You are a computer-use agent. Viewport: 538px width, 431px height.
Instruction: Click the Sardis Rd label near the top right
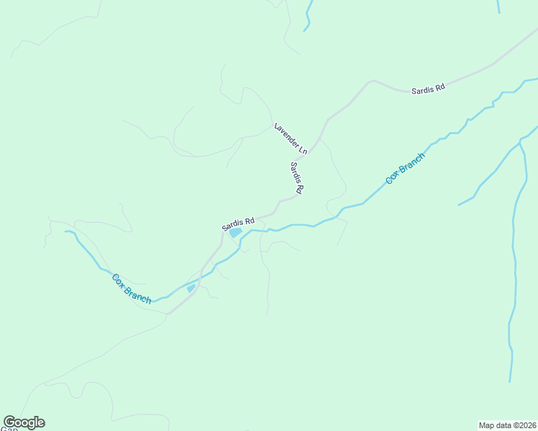[428, 88]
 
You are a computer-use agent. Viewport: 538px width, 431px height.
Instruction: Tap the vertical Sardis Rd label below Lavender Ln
[297, 178]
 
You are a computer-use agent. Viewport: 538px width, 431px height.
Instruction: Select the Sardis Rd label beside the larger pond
[238, 223]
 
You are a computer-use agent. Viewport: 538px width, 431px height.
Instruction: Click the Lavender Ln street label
[291, 139]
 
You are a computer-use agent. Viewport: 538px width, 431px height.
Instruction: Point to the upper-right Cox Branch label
[405, 168]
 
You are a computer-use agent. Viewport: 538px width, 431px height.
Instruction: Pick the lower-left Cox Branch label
[132, 288]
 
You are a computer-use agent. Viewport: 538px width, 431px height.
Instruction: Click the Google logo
[24, 422]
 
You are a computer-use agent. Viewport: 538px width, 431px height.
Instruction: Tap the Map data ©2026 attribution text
[508, 425]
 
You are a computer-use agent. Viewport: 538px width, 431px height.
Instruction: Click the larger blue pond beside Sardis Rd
[235, 233]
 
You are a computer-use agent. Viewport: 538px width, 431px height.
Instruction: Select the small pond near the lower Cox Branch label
[191, 288]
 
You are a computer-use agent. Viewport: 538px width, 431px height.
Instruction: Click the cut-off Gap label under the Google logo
[8, 429]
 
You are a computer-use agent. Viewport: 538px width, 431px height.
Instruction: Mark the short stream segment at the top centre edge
[308, 16]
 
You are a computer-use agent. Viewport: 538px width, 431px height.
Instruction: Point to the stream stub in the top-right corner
[498, 6]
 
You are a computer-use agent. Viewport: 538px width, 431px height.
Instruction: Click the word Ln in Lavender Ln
[302, 149]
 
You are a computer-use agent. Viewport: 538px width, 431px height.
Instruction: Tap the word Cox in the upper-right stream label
[392, 177]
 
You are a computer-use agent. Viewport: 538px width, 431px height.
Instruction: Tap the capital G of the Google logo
[10, 422]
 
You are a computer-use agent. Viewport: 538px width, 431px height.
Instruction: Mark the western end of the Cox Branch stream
[66, 231]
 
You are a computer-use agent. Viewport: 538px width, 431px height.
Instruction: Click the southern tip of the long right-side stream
[511, 381]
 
